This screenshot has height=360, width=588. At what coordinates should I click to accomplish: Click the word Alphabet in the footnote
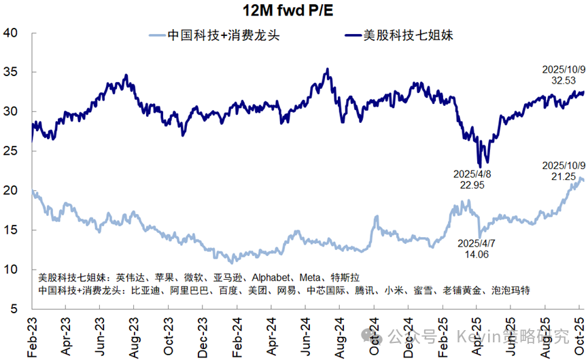coord(273,278)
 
